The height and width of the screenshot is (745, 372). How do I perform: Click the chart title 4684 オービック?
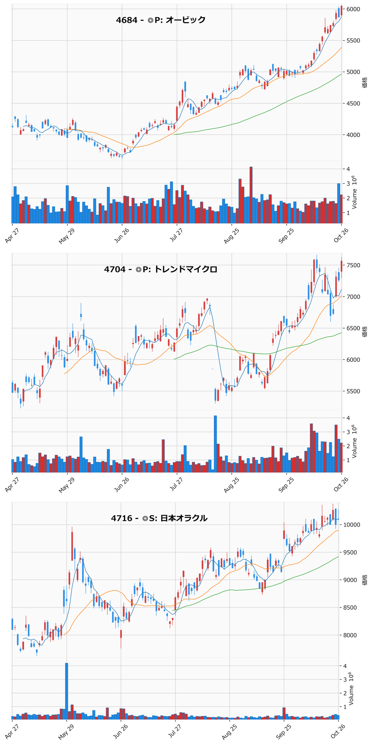(x=161, y=20)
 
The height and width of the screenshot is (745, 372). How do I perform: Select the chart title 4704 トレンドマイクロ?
(x=161, y=269)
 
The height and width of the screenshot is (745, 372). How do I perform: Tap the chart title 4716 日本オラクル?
(x=159, y=518)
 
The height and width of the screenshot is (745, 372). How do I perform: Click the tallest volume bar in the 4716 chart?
(x=67, y=691)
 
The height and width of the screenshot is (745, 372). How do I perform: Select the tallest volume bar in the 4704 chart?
(x=215, y=444)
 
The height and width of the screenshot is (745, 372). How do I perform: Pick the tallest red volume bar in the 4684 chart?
(x=251, y=195)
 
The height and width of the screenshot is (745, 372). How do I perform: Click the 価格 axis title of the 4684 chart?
(x=365, y=82)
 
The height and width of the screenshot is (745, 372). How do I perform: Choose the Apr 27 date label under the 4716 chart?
(x=12, y=732)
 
